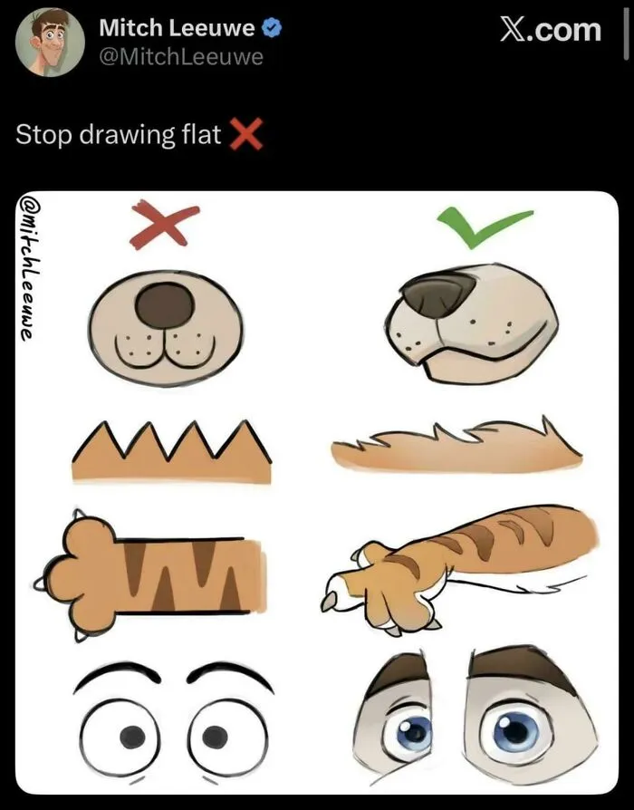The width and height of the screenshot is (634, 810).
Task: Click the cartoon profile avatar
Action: [50, 43]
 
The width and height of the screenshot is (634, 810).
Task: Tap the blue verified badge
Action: [272, 27]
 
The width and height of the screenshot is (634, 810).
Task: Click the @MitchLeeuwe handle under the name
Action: [181, 56]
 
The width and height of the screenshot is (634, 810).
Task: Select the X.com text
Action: [551, 29]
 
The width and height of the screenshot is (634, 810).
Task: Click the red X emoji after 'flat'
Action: [245, 134]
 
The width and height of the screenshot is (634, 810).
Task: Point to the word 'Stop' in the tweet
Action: [43, 134]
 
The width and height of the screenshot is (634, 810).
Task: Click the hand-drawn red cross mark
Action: [164, 224]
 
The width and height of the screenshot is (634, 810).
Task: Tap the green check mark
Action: [484, 227]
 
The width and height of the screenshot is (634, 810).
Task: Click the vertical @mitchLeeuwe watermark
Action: [28, 267]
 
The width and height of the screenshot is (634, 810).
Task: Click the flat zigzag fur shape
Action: [172, 451]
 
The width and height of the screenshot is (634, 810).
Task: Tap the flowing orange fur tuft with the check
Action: [456, 446]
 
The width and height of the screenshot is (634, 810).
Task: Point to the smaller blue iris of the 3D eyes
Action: [414, 732]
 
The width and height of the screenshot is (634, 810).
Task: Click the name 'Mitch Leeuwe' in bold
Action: [177, 27]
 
